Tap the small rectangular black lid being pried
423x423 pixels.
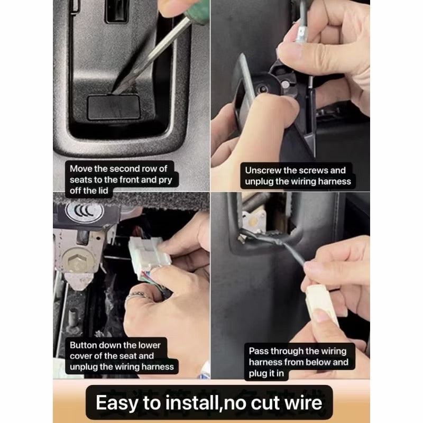point(114,107)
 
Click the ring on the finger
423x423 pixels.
point(136,296)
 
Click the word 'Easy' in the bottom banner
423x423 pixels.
point(117,403)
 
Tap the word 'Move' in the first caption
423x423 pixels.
point(81,169)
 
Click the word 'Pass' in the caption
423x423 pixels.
point(259,351)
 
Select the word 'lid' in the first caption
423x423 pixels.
point(103,190)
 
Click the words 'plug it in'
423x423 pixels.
point(266,373)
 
